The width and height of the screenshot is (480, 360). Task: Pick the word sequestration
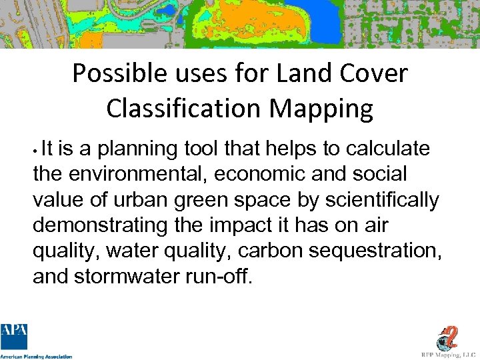pos(371,251)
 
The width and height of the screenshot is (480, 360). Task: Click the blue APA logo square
pos(14,337)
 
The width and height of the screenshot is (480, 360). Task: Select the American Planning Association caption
pos(36,357)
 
